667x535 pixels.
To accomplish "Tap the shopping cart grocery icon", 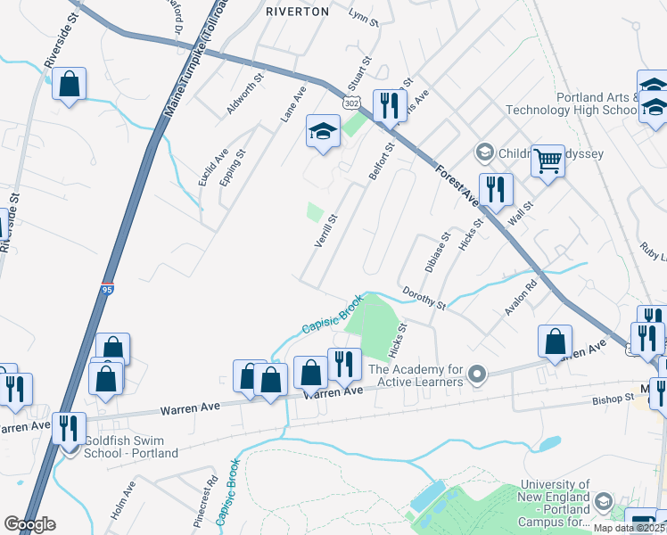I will (x=548, y=161).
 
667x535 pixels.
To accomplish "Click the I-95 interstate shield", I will (x=107, y=288).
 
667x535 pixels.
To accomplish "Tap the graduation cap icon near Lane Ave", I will (x=323, y=132).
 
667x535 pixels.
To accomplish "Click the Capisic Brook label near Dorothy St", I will (x=331, y=315).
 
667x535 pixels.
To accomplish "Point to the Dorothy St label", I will (x=424, y=298).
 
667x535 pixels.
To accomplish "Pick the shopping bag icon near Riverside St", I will (x=69, y=86).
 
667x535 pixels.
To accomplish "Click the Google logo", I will (x=29, y=524).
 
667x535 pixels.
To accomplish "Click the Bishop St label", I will (x=612, y=400).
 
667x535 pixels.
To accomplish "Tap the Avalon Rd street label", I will (x=519, y=299).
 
